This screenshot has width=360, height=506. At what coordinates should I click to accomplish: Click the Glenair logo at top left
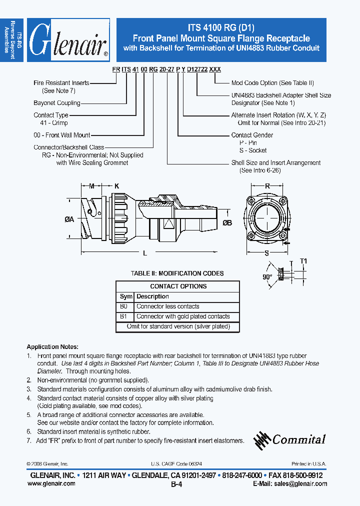[x=68, y=40]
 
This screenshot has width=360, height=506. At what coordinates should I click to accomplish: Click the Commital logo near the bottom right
[x=290, y=439]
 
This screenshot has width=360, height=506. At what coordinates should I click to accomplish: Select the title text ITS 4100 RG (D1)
[x=221, y=28]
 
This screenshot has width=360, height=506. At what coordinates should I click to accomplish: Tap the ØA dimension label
[x=69, y=218]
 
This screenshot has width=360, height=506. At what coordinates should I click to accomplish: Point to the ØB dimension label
[x=227, y=223]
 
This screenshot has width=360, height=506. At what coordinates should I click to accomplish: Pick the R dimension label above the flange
[x=267, y=186]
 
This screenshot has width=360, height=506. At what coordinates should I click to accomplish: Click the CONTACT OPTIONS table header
[x=178, y=286]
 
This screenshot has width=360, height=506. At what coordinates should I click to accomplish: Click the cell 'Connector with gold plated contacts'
[x=183, y=316]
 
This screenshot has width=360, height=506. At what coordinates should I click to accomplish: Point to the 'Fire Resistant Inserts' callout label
[x=61, y=83]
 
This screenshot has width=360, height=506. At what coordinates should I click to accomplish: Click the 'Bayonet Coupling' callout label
[x=57, y=103]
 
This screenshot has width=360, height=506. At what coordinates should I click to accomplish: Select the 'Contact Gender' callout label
[x=252, y=135]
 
